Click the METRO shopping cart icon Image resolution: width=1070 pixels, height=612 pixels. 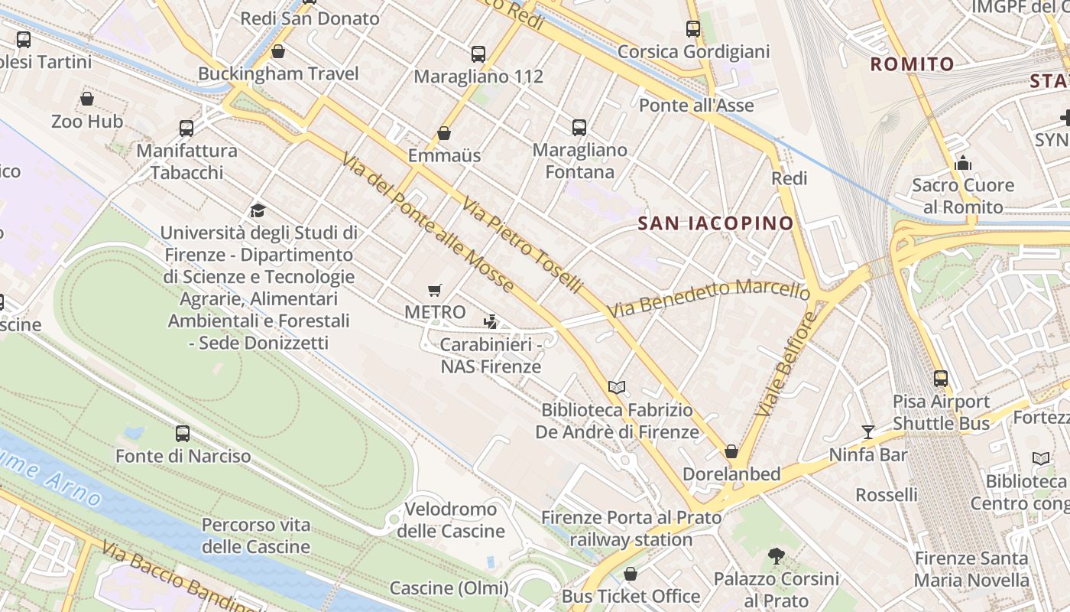(x=435, y=290)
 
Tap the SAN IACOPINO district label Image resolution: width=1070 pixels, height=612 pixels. (x=715, y=223)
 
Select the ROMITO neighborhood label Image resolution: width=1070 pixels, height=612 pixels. (x=913, y=64)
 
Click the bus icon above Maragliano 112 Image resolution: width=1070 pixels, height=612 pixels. (x=478, y=54)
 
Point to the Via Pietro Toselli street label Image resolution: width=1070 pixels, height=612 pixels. (x=522, y=245)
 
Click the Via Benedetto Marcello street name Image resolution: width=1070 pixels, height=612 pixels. (x=708, y=299)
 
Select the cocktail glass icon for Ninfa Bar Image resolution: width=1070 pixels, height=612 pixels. (x=867, y=432)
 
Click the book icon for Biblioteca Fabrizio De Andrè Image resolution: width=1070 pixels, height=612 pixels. (x=617, y=388)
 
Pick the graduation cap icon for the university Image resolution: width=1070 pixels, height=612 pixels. (x=258, y=210)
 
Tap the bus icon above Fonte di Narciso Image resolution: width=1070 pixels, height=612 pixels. (x=183, y=434)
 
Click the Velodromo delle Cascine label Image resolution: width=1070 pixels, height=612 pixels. (x=451, y=520)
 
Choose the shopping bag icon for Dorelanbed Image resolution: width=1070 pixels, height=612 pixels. (x=731, y=451)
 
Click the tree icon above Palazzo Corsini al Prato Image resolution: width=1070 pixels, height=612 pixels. (x=777, y=556)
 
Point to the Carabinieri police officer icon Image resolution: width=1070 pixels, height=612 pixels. (x=490, y=322)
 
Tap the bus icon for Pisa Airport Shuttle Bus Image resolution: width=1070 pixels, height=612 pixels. (x=941, y=379)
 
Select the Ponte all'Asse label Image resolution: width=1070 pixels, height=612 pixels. (x=696, y=106)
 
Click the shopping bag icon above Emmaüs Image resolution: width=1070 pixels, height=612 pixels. (x=444, y=134)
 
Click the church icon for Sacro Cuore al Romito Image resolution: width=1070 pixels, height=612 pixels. (x=963, y=163)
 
